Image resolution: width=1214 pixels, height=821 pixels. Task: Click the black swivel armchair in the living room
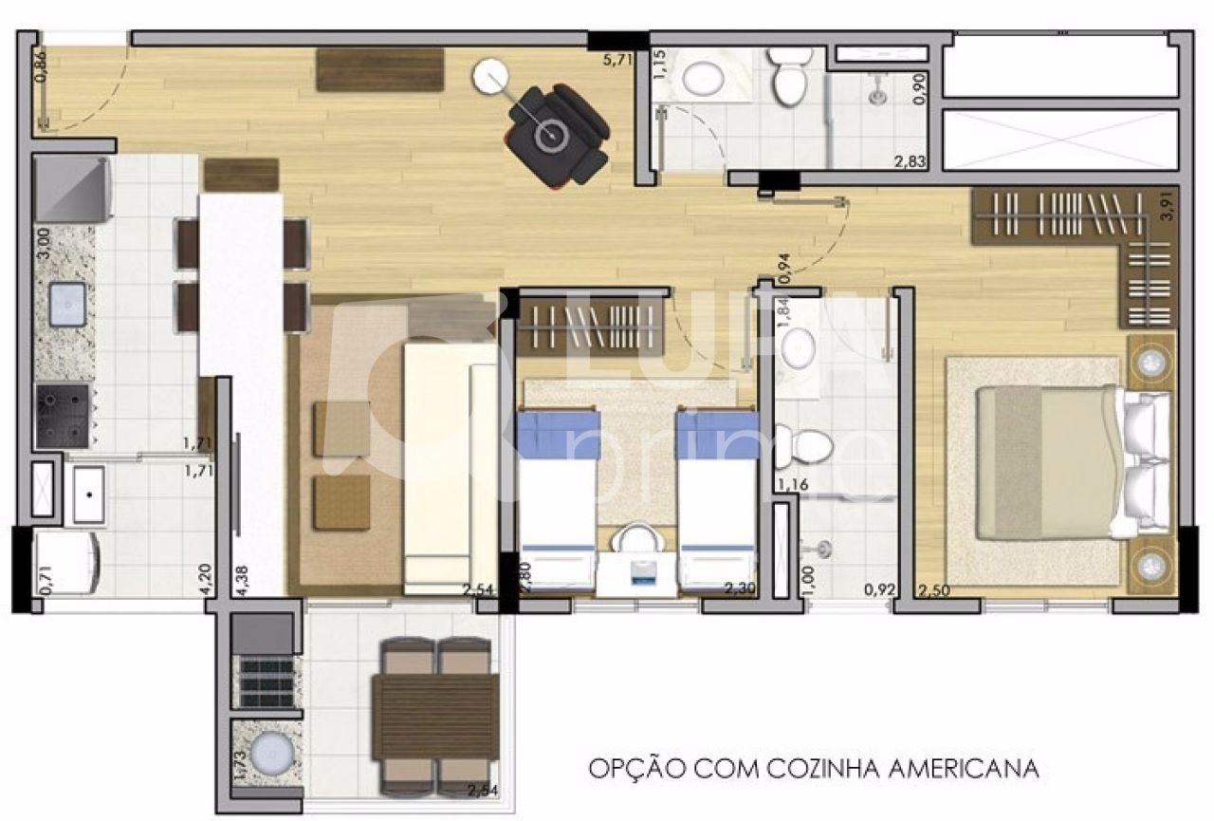[x=555, y=134]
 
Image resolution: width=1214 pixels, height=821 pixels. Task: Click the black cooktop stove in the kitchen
[x=63, y=415]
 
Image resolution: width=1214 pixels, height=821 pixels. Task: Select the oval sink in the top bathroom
[x=704, y=79]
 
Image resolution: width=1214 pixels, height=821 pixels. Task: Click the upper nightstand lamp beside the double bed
[x=1152, y=360]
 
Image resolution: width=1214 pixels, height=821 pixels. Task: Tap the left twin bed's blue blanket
[x=557, y=434]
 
